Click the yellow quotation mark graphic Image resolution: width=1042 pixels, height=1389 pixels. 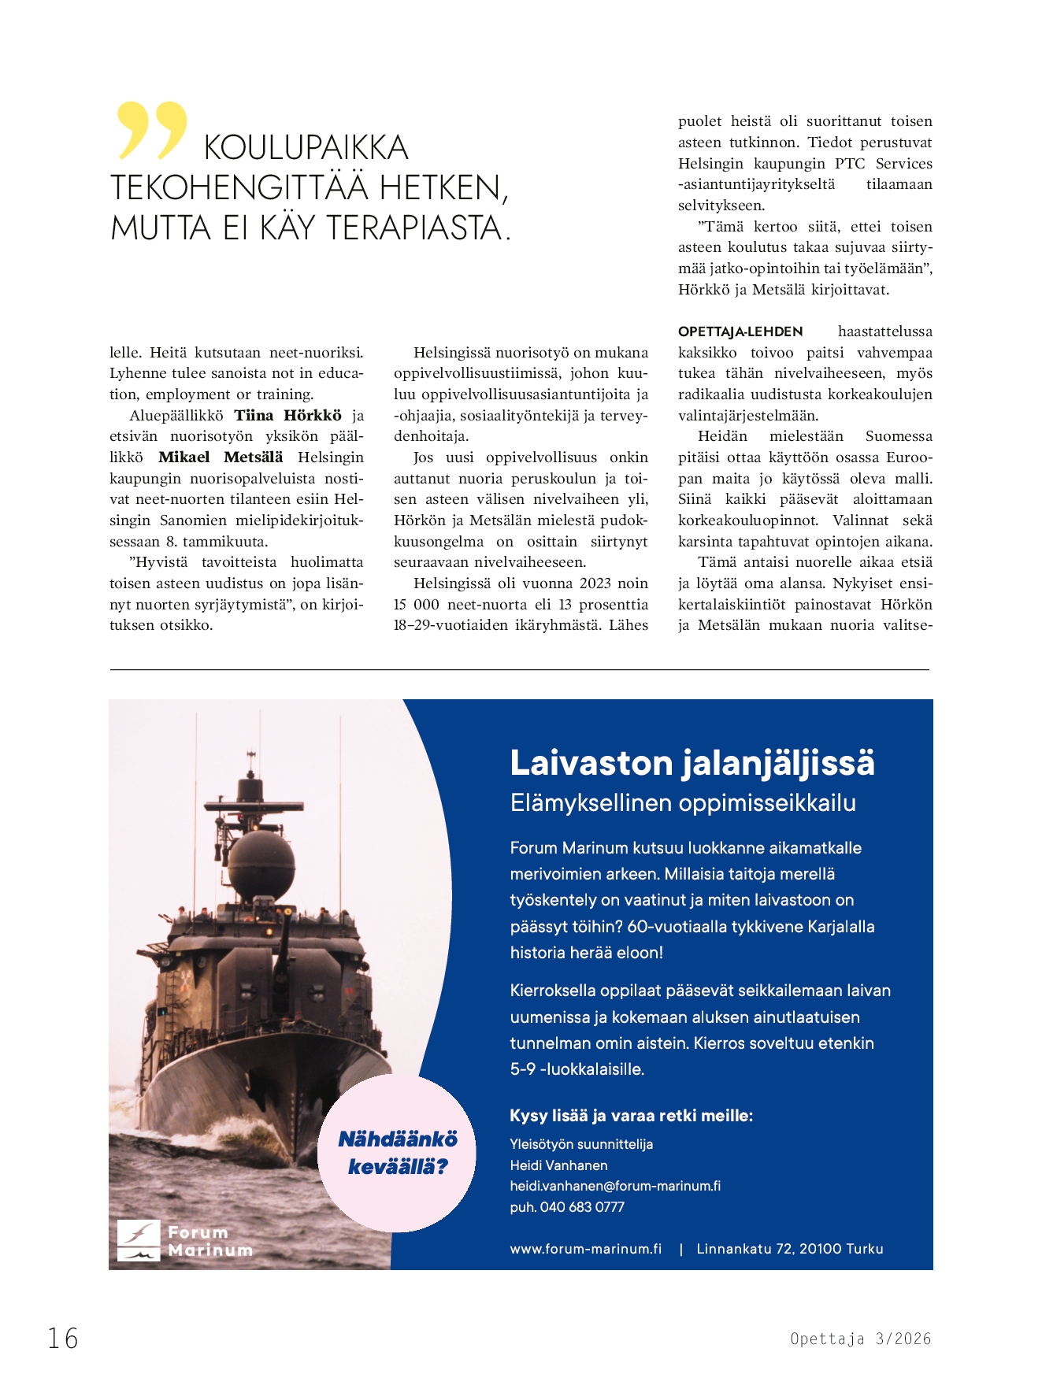(152, 130)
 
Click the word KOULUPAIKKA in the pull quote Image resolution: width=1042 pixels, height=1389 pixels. (306, 148)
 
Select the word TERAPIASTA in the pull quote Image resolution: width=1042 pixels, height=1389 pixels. (413, 228)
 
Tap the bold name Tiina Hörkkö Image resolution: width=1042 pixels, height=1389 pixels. (287, 416)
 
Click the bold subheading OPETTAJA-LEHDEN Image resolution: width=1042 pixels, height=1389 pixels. (740, 332)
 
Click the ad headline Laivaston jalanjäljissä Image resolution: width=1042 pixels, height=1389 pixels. (692, 762)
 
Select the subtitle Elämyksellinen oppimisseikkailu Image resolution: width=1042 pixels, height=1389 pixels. (683, 803)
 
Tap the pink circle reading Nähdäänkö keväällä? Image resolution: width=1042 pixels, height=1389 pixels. (397, 1153)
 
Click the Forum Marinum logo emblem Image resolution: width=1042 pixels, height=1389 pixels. (139, 1240)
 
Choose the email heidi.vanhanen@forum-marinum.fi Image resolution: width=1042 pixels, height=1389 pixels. (615, 1186)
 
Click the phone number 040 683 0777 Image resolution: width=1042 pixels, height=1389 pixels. (582, 1207)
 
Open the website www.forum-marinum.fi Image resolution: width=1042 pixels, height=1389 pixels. (586, 1249)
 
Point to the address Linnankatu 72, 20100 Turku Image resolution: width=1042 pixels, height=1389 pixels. (790, 1249)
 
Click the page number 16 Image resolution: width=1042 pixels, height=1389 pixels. (63, 1338)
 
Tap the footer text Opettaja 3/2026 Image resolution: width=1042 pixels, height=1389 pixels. (860, 1339)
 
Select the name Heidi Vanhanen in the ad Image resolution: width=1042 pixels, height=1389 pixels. (558, 1165)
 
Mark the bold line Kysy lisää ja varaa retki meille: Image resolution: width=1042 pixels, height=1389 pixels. (631, 1116)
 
